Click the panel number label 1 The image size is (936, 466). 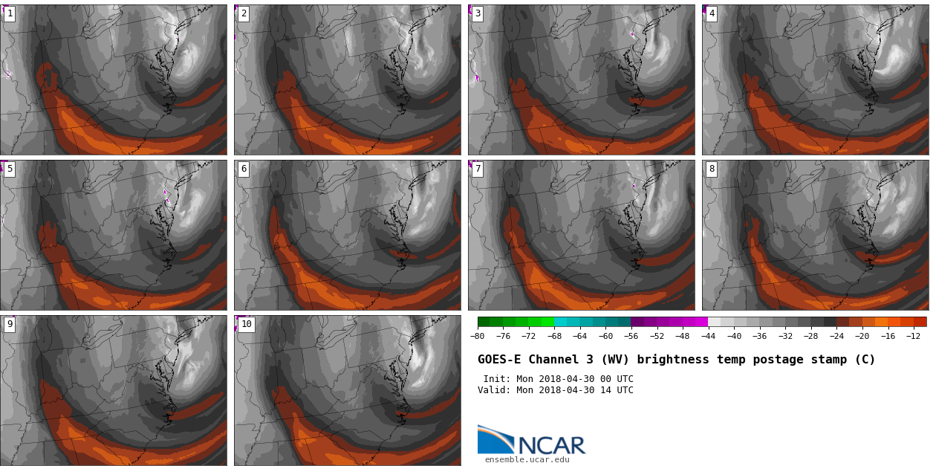(x=10, y=13)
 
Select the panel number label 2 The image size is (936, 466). (x=244, y=13)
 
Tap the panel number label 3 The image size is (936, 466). (x=478, y=13)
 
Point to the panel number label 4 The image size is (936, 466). (x=712, y=13)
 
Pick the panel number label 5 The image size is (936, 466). (x=10, y=169)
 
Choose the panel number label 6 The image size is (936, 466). (x=244, y=169)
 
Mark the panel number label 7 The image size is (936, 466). (x=478, y=169)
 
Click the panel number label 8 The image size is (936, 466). (x=712, y=169)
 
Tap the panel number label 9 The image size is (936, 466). (x=10, y=324)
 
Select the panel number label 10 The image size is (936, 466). (x=246, y=324)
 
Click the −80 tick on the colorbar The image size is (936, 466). (x=477, y=336)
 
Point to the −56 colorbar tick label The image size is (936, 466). (x=631, y=336)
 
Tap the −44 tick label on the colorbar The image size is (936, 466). (x=708, y=336)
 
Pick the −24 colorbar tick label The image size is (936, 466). (x=836, y=336)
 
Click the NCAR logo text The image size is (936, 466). (x=551, y=445)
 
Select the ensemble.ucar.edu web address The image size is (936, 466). (x=527, y=459)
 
